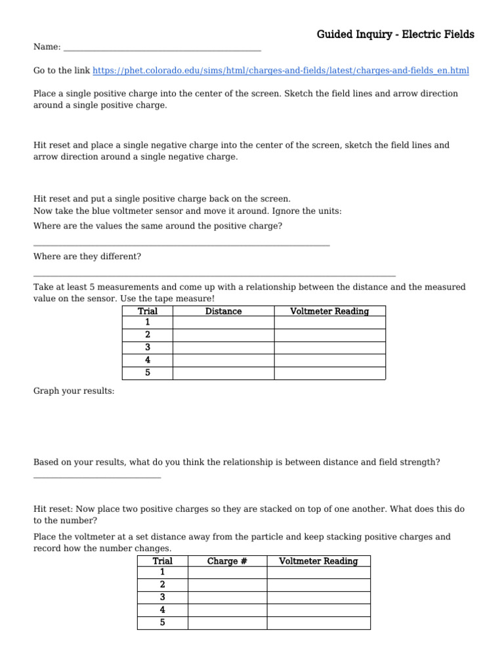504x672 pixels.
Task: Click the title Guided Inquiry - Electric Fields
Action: tap(395, 34)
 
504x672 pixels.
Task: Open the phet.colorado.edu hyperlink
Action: tap(280, 70)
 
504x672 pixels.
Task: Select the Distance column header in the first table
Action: tap(223, 311)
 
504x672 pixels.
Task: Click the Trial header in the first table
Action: tap(147, 311)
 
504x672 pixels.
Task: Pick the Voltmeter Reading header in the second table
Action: tap(318, 561)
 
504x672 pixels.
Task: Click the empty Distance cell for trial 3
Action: tap(223, 348)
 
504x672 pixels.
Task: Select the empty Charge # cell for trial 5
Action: tap(227, 623)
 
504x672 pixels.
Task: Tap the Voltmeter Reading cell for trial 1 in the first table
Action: tap(329, 323)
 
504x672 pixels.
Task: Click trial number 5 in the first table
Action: tap(147, 373)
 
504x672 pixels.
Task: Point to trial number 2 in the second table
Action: tap(162, 585)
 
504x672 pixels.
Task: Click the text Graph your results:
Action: tap(73, 391)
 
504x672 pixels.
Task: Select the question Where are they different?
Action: tap(87, 256)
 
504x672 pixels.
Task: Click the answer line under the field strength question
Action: tap(96, 476)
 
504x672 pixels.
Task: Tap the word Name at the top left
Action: tap(45, 47)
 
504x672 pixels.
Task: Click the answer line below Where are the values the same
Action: tap(181, 245)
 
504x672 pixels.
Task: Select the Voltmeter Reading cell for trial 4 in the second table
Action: tap(318, 610)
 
